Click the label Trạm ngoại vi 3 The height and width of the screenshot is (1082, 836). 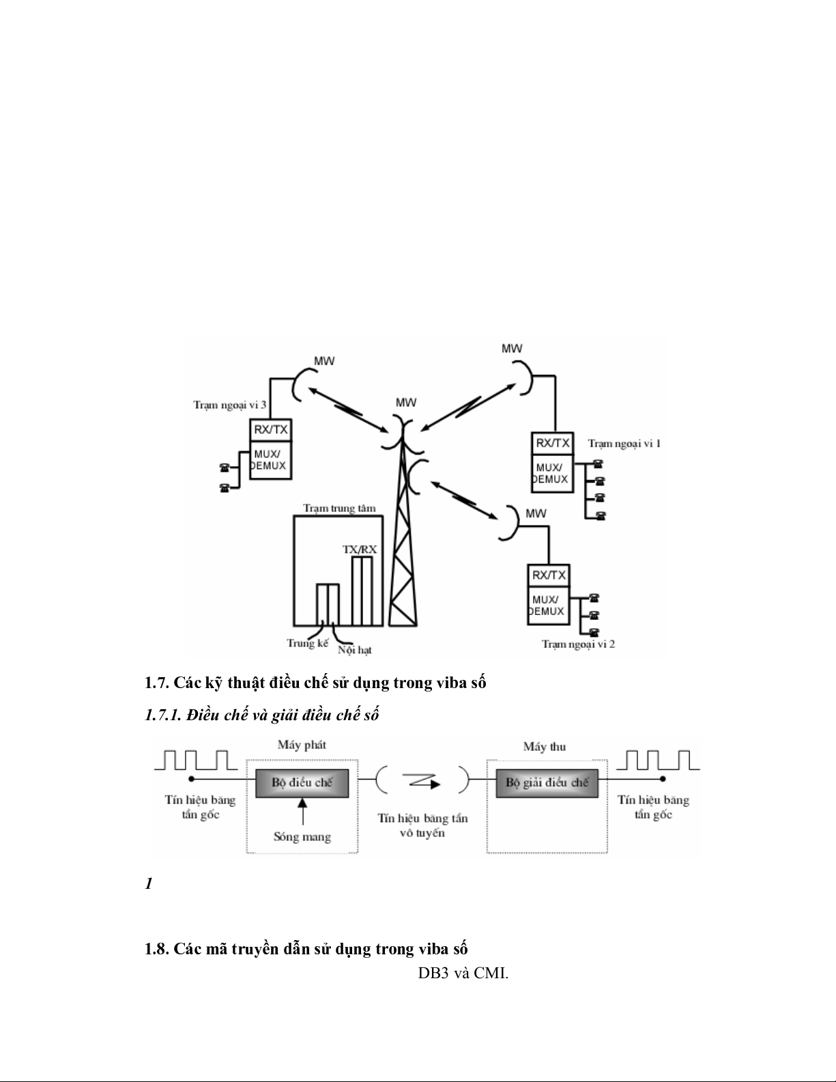pyautogui.click(x=229, y=405)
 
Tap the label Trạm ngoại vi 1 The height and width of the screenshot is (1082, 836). pyautogui.click(x=624, y=443)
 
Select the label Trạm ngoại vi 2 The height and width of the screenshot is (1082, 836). pyautogui.click(x=578, y=643)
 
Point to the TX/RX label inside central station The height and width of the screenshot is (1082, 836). pyautogui.click(x=360, y=548)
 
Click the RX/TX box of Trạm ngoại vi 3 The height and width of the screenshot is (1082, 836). pyautogui.click(x=271, y=430)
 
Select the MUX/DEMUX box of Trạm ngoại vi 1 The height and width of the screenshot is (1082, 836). pyautogui.click(x=551, y=472)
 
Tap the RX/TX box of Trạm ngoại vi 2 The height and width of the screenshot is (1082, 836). pyautogui.click(x=549, y=575)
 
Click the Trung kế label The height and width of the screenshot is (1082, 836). pyautogui.click(x=307, y=643)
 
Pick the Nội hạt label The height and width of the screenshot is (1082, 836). pyautogui.click(x=354, y=649)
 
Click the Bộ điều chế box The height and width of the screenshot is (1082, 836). pyautogui.click(x=302, y=782)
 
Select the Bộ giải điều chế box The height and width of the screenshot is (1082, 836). pyautogui.click(x=547, y=782)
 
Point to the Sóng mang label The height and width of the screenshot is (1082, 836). pyautogui.click(x=302, y=836)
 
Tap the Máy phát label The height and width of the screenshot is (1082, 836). pyautogui.click(x=302, y=744)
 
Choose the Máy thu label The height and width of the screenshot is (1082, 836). pyautogui.click(x=544, y=746)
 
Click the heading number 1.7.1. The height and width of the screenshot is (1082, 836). pyautogui.click(x=162, y=715)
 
